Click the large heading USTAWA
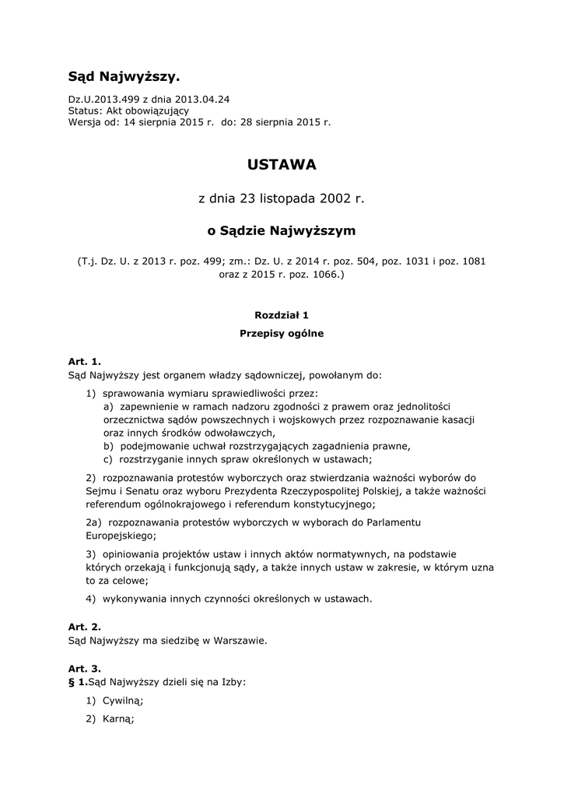click(282, 165)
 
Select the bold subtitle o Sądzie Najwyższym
click(282, 231)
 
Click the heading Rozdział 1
click(282, 315)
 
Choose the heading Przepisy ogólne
click(282, 334)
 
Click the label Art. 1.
click(85, 362)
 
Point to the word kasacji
click(457, 420)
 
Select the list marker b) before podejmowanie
click(108, 446)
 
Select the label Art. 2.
click(85, 627)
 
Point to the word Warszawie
click(240, 641)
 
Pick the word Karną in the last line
click(118, 719)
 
